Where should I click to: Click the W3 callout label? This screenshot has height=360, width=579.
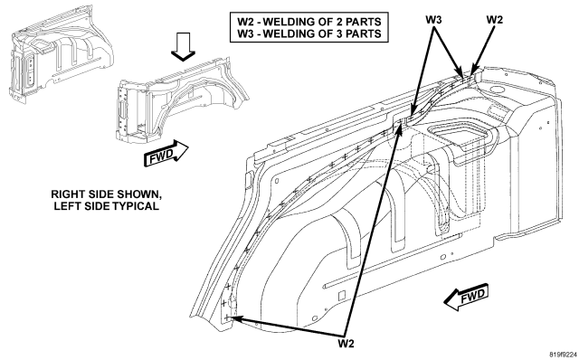point(433,20)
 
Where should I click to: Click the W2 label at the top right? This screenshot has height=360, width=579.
point(495,20)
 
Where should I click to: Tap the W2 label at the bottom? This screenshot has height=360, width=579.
point(346,344)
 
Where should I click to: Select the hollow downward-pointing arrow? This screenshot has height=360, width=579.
point(183,46)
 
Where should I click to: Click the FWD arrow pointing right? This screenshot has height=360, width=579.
point(166,153)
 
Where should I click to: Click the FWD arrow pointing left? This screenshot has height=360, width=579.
point(466,297)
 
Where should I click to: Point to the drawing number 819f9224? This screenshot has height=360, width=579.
point(563,355)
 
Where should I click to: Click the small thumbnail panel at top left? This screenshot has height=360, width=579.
point(61,54)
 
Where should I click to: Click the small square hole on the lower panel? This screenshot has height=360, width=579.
point(342,295)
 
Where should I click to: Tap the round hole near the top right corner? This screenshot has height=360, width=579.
point(495,90)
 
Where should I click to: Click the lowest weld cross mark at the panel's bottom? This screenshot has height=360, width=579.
point(227,317)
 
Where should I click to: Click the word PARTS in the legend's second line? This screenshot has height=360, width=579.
point(366,33)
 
